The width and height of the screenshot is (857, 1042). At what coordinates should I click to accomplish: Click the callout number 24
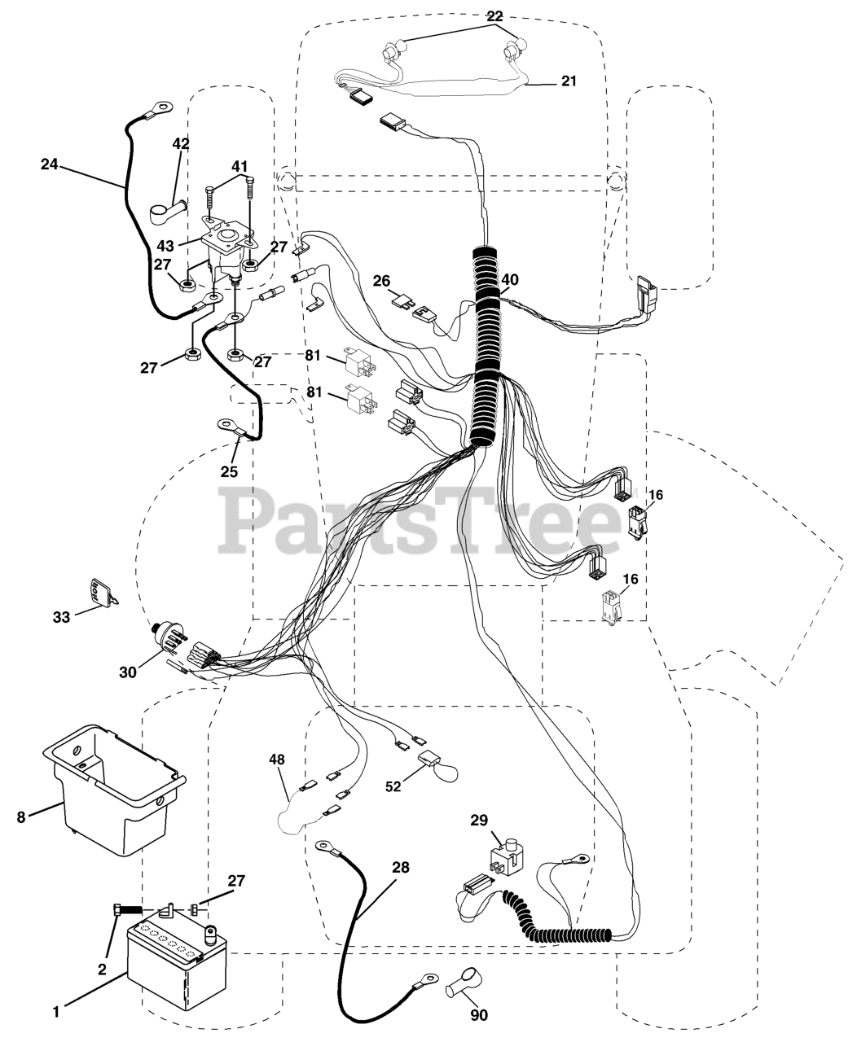tap(50, 164)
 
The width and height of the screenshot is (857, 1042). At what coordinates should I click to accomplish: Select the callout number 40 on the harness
tap(510, 279)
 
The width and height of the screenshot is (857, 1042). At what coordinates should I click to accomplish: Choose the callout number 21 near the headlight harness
tap(568, 81)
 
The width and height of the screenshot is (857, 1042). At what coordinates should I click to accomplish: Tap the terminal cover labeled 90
tap(462, 982)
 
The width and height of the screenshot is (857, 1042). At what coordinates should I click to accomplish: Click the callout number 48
tap(278, 760)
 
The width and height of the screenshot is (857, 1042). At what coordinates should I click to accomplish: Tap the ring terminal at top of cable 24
tap(163, 107)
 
